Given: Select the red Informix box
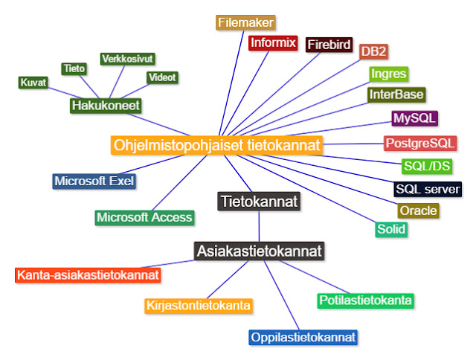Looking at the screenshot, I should click(273, 42).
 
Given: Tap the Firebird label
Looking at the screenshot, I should click(329, 45).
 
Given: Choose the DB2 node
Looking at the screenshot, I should click(373, 51).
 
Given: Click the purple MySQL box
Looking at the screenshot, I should click(415, 118).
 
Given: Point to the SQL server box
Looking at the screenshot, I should click(428, 189).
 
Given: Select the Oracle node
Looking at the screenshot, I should click(418, 210).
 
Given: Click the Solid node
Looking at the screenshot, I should click(391, 229).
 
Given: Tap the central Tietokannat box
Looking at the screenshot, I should click(259, 201).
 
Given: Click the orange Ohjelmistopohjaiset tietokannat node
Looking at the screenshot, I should click(217, 144).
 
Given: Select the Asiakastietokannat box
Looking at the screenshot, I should click(259, 251).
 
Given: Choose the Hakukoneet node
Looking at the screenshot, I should click(106, 106).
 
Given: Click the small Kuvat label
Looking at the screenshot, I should click(33, 83).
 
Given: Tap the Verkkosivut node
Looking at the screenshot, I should click(126, 59).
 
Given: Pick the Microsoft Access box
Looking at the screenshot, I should click(144, 217).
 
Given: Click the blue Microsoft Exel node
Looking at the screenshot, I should click(94, 181).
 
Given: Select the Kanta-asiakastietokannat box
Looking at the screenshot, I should click(88, 274).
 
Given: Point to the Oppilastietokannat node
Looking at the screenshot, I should click(303, 337).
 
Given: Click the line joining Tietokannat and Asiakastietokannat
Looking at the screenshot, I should click(259, 226).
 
